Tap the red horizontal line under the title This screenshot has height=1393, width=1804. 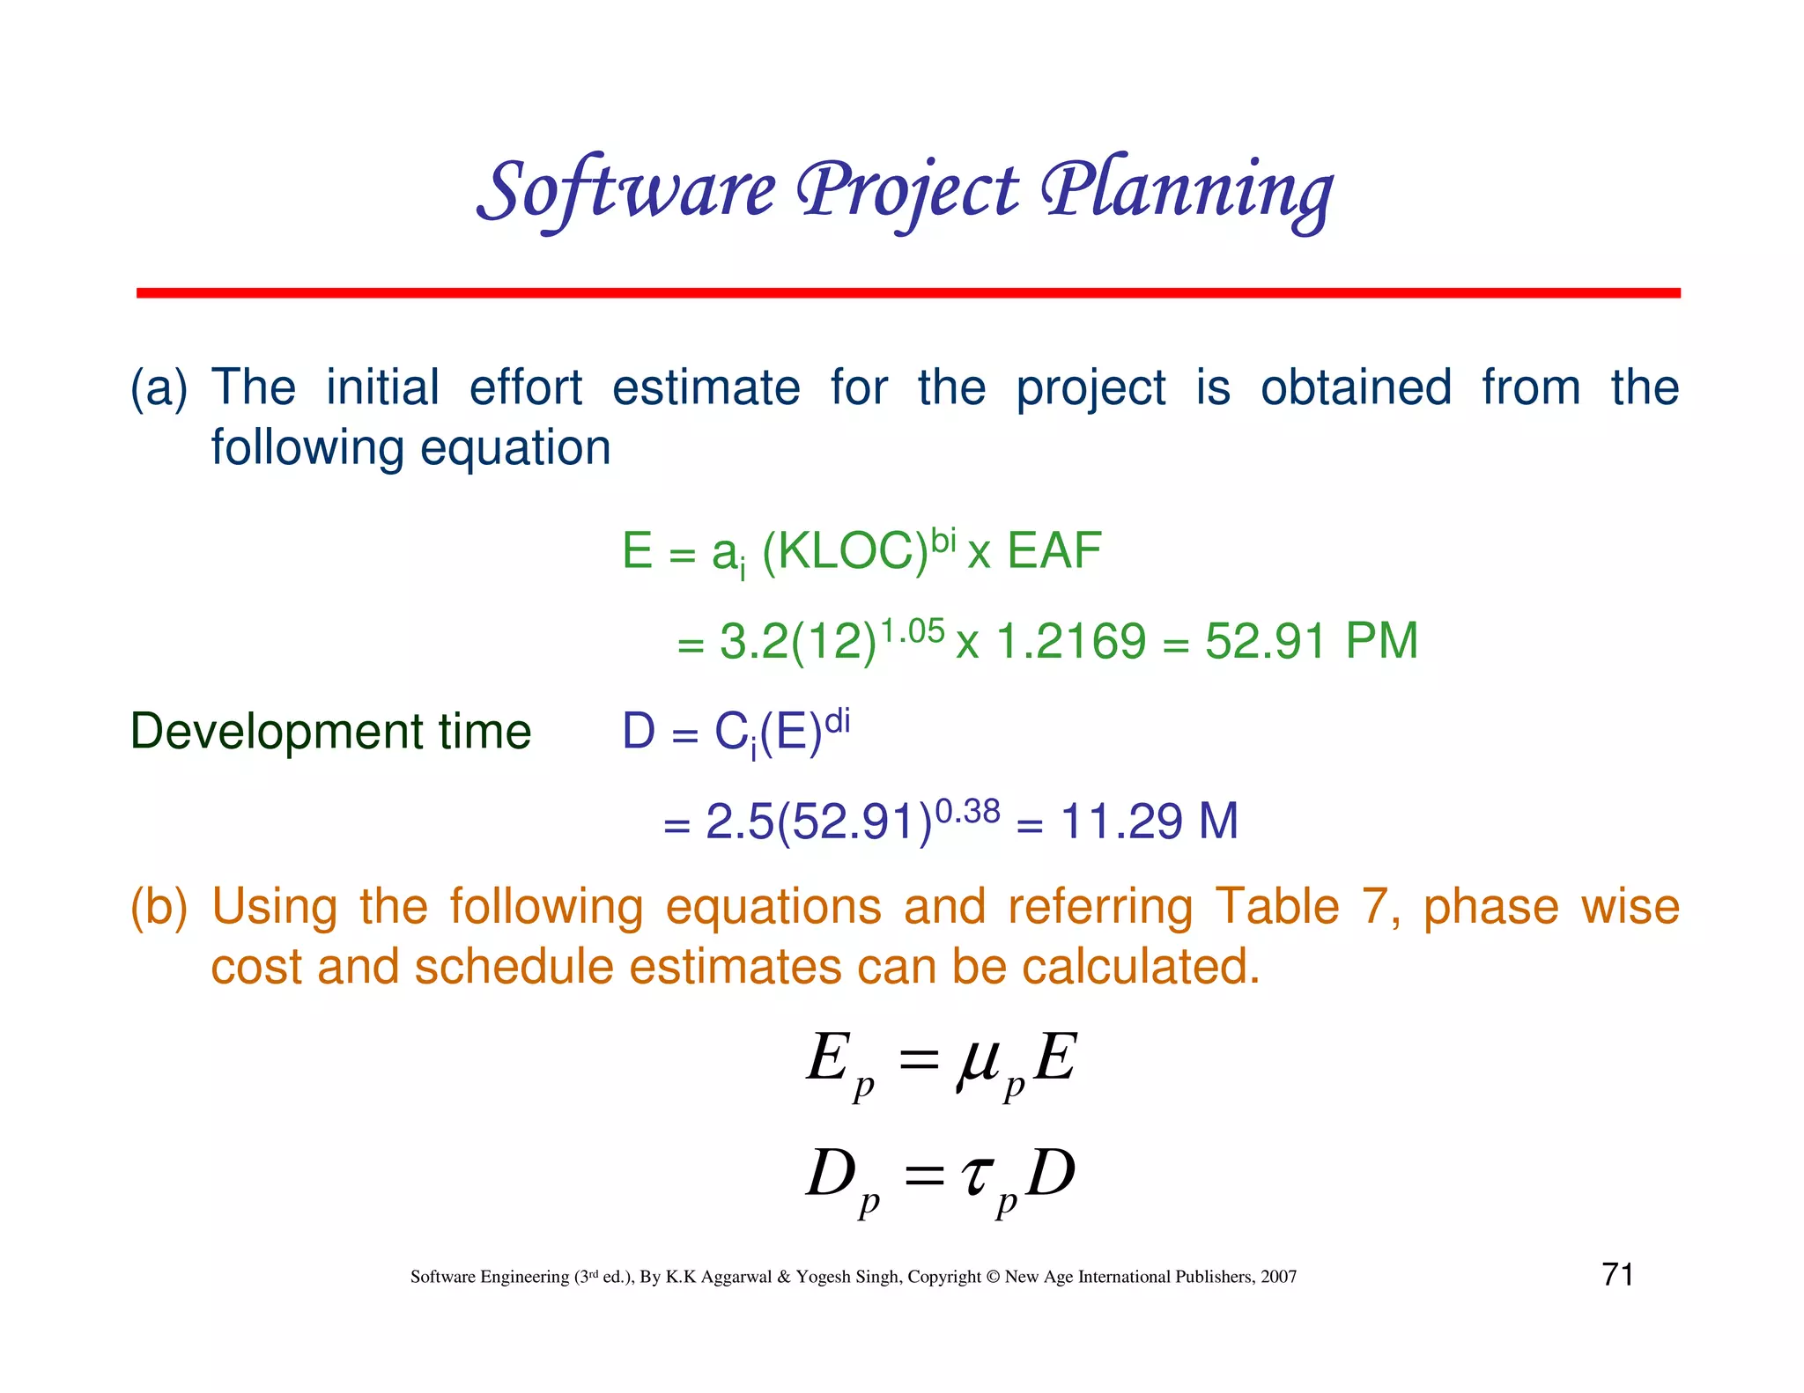tap(907, 292)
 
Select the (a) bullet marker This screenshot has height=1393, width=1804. tap(159, 388)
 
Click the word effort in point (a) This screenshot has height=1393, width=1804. tap(525, 388)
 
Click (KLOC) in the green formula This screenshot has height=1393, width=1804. tap(845, 553)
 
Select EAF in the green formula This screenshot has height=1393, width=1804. tap(1054, 552)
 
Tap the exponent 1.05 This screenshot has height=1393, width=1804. tap(913, 630)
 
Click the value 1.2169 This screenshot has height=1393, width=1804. tap(1070, 641)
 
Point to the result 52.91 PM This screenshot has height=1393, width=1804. tap(1311, 641)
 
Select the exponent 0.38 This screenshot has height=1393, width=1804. tap(967, 811)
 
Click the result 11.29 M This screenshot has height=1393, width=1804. tap(1149, 822)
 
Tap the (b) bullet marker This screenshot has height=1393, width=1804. tap(159, 907)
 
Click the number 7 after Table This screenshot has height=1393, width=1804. tap(1375, 907)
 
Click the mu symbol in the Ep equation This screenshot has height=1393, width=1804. tap(977, 1061)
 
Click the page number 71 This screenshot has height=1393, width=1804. tap(1617, 1274)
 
